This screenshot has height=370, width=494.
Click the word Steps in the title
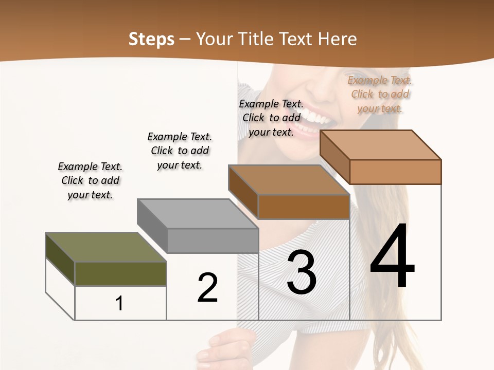pyautogui.click(x=151, y=39)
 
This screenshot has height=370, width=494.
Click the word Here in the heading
pyautogui.click(x=338, y=39)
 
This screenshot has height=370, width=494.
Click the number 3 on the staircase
pyautogui.click(x=302, y=273)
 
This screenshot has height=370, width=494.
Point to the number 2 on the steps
pyautogui.click(x=207, y=288)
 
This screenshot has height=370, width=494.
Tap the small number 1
pyautogui.click(x=119, y=303)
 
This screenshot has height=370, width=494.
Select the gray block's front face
pyautogui.click(x=213, y=240)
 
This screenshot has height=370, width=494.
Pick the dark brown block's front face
pyautogui.click(x=304, y=207)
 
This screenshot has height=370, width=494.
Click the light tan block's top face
pyautogui.click(x=381, y=144)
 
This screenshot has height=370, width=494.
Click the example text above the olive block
pyautogui.click(x=90, y=180)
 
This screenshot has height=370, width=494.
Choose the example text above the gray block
pyautogui.click(x=180, y=151)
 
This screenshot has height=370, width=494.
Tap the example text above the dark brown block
pyautogui.click(x=271, y=118)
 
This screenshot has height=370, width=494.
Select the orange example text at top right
pyautogui.click(x=380, y=94)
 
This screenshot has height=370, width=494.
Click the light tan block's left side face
pyautogui.click(x=334, y=157)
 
